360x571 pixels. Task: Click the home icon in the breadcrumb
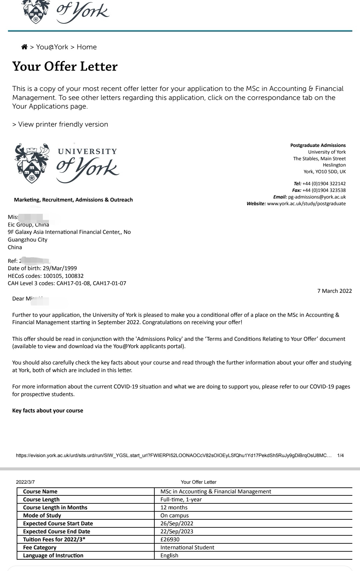(24, 47)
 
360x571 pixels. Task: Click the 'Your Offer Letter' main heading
(65, 66)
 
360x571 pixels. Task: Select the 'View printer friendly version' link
(60, 124)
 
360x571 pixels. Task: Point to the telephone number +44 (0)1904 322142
(324, 184)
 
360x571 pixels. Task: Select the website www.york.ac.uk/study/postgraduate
(306, 204)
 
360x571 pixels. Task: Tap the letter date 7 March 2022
(334, 291)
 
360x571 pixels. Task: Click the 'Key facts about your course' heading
(48, 410)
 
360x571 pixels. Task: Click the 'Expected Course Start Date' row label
(58, 523)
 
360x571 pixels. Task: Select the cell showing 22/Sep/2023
(177, 531)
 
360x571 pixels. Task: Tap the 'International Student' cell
(187, 547)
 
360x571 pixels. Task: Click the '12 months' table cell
(174, 507)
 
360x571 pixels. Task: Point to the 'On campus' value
(174, 515)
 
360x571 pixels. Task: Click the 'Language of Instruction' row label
(53, 555)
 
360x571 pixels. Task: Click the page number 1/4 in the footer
(340, 455)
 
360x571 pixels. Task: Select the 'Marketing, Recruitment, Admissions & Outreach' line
(73, 200)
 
